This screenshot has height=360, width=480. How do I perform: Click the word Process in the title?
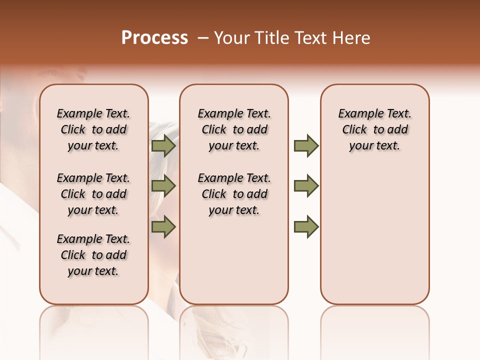point(154,38)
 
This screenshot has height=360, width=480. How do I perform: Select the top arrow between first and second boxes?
point(163,146)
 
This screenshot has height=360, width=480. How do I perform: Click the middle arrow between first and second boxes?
point(163,186)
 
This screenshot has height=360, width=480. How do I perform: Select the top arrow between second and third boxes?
point(306,146)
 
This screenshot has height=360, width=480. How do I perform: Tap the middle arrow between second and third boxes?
point(306,186)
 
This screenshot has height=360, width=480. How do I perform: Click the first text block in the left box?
point(93,129)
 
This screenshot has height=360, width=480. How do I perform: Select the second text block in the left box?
point(93,194)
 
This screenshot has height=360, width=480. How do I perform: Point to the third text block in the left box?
point(93,255)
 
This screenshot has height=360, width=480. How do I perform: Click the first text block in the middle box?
point(234,129)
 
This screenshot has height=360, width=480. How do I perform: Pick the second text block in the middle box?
point(234,194)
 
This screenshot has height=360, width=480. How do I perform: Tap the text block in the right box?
point(374,129)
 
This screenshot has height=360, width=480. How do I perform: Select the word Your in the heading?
point(232,38)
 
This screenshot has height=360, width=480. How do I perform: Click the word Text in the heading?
point(311,38)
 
